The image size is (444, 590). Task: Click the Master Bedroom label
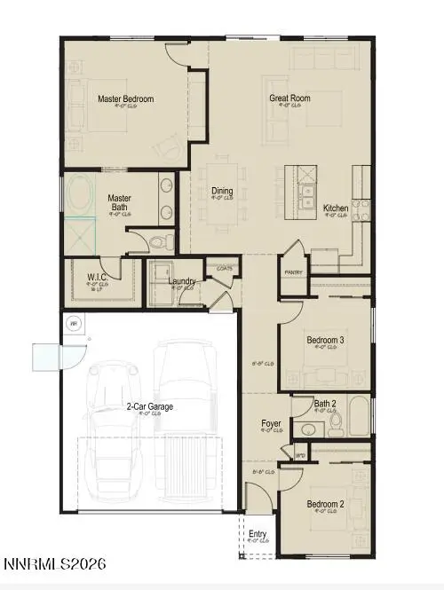coord(126,98)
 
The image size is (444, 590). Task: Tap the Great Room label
coord(289,98)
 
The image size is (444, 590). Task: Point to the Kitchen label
coord(336,208)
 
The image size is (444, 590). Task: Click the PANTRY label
coord(293,272)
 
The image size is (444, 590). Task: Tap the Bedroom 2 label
coord(326,505)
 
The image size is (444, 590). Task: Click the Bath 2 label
coord(326,405)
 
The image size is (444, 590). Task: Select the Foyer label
coord(272,424)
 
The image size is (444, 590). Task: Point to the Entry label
coord(258,534)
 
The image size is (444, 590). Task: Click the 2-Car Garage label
coord(149,406)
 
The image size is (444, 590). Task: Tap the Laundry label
coord(182,281)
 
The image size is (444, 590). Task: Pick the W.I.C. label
coord(98,277)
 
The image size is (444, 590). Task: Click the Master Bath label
coord(120,203)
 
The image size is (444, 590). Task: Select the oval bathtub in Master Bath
coord(77,194)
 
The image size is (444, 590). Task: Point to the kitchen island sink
coord(305,195)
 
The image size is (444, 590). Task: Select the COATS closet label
coord(224,267)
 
